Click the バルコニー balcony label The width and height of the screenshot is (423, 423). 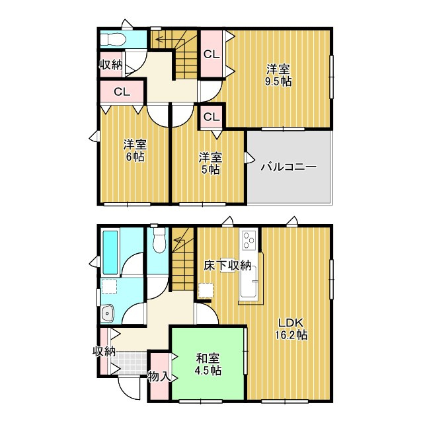click(288, 167)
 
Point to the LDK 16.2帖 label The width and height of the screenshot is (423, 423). click(291, 328)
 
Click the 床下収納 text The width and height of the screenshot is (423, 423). click(227, 266)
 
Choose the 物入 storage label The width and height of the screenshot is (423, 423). click(159, 377)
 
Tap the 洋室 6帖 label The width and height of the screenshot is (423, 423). click(134, 151)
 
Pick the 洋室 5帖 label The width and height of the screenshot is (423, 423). click(211, 163)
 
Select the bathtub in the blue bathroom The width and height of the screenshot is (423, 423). click(110, 253)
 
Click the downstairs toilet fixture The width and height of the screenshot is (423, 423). click(158, 241)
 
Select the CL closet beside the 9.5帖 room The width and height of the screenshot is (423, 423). click(211, 55)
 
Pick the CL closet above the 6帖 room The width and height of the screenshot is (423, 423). click(121, 92)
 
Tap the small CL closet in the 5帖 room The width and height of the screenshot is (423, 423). click(211, 118)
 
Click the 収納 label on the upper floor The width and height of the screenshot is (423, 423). click(111, 64)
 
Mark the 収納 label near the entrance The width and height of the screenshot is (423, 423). click(104, 350)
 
